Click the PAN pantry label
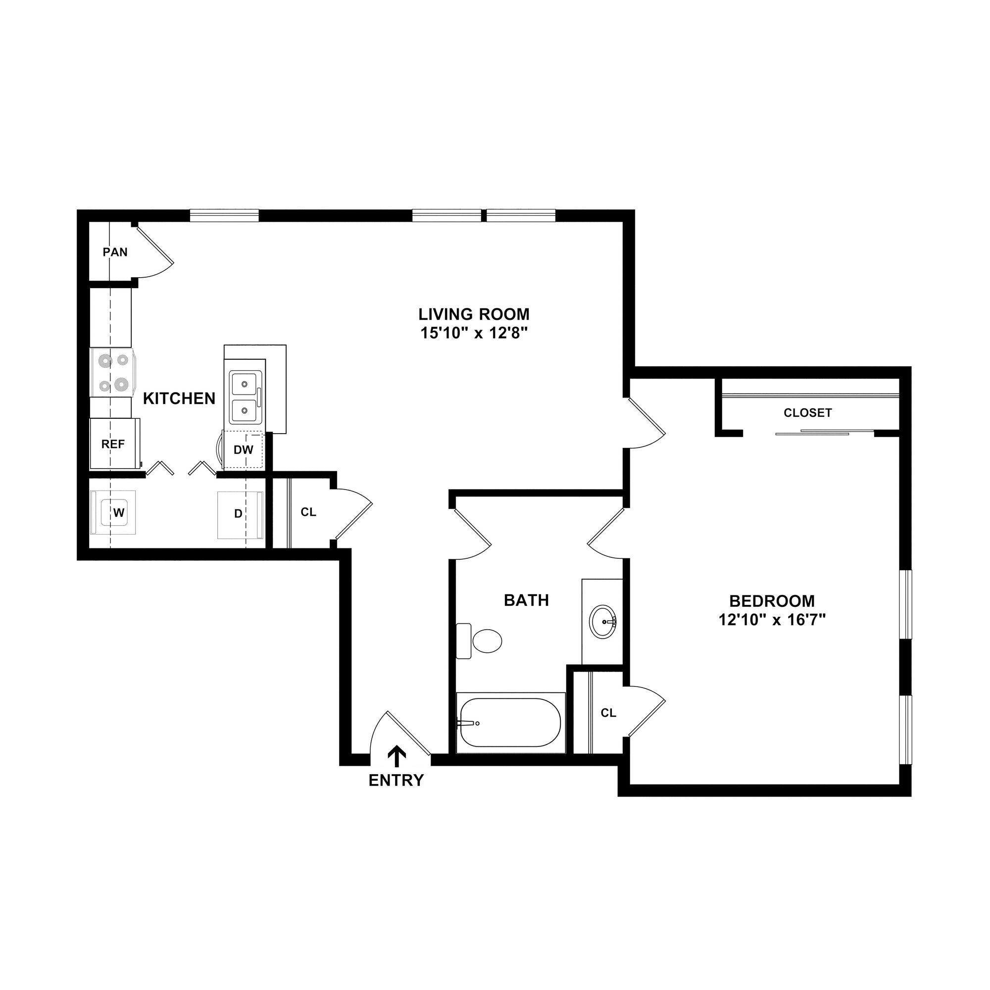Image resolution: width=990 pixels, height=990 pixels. coord(115,252)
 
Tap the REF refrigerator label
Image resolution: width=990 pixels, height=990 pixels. coord(113,445)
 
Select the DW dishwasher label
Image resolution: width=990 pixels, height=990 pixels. coord(244,450)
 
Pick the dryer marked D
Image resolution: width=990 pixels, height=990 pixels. coord(238,513)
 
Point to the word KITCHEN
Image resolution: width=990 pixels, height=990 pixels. coord(179,398)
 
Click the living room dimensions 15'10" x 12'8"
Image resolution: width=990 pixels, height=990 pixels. coord(474,334)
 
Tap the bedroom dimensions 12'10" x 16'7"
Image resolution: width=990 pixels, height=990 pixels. coord(772,621)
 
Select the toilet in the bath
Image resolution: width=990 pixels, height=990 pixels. coord(482,641)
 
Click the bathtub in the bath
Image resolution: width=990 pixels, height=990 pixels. coord(510,723)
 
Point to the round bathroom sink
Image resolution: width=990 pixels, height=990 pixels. coord(602,622)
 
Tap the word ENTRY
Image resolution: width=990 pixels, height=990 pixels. coord(396,780)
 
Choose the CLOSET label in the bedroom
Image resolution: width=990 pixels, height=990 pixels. coord(807,412)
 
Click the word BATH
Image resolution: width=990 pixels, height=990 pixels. coord(526,600)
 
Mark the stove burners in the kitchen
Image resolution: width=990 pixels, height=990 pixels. coord(113,373)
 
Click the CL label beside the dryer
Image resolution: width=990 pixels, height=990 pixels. coord(308,512)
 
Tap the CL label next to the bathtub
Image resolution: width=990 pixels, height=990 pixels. coord(608,713)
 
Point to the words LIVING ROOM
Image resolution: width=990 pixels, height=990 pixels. coord(474,314)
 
